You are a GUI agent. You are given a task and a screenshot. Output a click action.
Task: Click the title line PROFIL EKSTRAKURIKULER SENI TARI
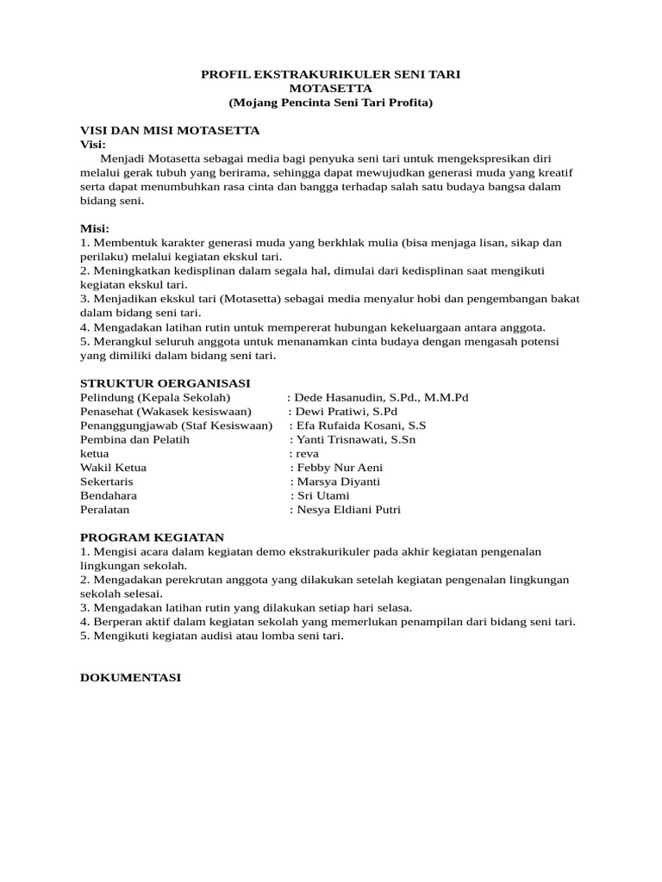click(x=331, y=75)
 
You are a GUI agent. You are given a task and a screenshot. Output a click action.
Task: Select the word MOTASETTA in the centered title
click(x=331, y=89)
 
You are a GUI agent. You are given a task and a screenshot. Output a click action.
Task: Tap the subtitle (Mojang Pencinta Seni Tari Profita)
click(x=331, y=102)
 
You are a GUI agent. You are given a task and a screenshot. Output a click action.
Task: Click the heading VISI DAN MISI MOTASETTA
click(x=170, y=130)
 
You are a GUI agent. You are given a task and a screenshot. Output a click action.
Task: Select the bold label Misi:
click(x=95, y=228)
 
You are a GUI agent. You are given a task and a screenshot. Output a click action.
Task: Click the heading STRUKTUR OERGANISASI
click(x=165, y=382)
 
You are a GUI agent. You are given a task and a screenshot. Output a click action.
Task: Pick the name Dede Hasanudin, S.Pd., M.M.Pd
click(x=381, y=397)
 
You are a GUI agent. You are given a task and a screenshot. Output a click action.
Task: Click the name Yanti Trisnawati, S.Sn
click(x=356, y=439)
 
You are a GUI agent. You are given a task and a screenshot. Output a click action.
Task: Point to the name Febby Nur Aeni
click(x=340, y=468)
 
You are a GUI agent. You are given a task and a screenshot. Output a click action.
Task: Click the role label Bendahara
click(x=109, y=495)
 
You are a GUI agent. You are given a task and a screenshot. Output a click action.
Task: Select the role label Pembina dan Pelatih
click(x=134, y=439)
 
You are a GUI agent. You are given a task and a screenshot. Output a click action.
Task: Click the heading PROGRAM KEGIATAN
click(x=152, y=537)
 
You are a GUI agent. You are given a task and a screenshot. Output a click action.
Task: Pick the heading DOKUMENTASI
click(x=130, y=678)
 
